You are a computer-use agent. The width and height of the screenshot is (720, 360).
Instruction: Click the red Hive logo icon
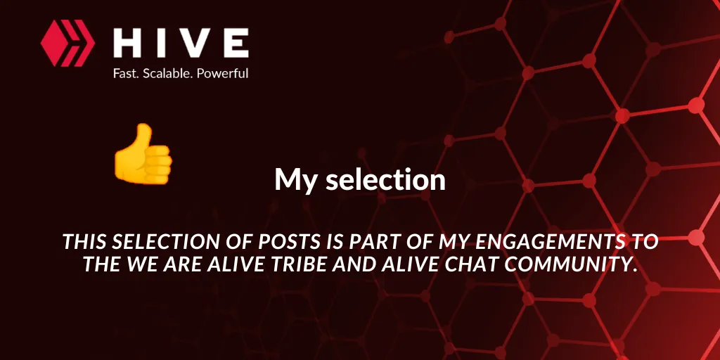[67, 43]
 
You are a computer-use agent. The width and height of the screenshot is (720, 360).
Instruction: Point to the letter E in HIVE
[236, 43]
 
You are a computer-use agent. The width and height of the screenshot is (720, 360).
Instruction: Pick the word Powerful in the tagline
[223, 73]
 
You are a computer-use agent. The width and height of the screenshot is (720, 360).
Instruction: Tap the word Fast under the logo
[126, 73]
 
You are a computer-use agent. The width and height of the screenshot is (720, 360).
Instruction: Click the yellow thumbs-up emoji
[143, 154]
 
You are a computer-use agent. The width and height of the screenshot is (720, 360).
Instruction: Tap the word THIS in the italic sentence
[85, 242]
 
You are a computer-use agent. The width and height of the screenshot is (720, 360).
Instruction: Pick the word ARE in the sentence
[181, 264]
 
